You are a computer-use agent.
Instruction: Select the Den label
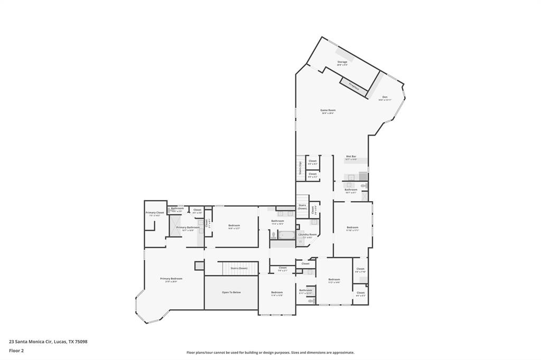[385, 98]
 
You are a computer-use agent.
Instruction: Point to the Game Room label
[328, 111]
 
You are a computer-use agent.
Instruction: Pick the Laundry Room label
[307, 235]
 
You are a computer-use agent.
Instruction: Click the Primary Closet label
[155, 213]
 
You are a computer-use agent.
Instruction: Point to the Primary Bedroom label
[171, 279]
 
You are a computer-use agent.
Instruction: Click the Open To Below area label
[231, 292]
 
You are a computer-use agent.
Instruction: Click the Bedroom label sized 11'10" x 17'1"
[352, 228]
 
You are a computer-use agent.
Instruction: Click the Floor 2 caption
[16, 350]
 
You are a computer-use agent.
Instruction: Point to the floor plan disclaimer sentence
[270, 353]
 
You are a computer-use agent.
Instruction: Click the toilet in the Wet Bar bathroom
[363, 186]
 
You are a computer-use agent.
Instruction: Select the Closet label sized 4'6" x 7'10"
[360, 270]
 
